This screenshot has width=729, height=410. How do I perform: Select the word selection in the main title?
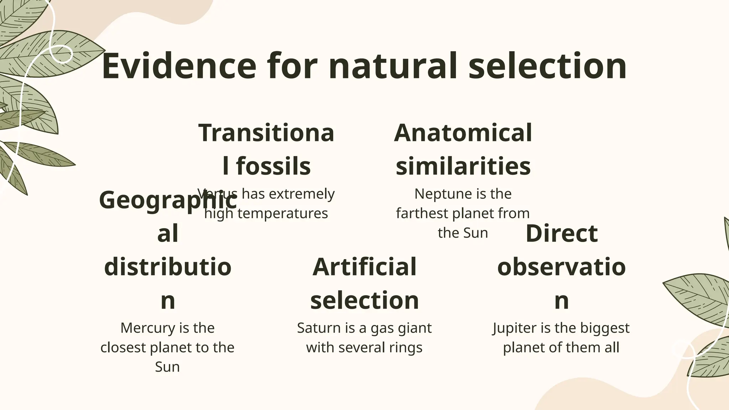click(547, 66)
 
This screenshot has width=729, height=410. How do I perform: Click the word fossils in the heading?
click(273, 166)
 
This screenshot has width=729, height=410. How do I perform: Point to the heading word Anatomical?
click(463, 133)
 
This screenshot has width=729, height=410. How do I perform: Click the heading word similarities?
click(463, 166)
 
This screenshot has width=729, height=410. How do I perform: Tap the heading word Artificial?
click(364, 267)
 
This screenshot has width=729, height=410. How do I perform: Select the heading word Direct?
click(561, 233)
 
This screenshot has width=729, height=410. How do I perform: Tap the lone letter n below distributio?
click(168, 300)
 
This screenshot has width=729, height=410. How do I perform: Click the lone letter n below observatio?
click(561, 300)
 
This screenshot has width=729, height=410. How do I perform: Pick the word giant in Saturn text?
click(415, 328)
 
